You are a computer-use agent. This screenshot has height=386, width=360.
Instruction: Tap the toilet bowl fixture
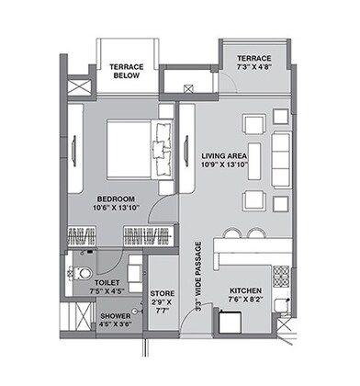point(81,272)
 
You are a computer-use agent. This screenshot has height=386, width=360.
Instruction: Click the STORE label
point(162,293)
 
